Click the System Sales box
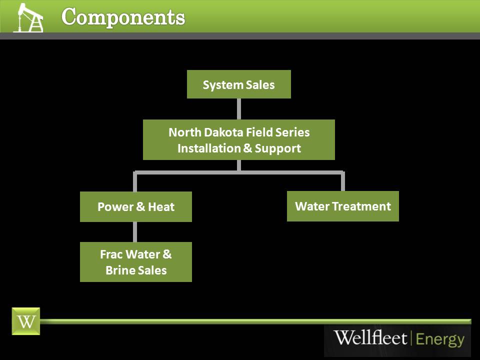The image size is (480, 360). [238, 84]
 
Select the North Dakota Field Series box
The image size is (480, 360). [238, 140]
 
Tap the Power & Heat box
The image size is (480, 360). [135, 206]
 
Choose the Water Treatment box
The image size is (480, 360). [342, 206]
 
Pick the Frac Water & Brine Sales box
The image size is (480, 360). [135, 262]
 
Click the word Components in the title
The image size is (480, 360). [123, 17]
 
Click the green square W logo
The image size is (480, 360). [25, 321]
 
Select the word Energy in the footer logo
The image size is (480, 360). [440, 339]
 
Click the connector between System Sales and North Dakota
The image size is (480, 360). [238, 109]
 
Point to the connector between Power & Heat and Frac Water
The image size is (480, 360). [135, 232]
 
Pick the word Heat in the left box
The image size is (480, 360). [161, 207]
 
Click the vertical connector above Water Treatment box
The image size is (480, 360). [342, 182]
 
